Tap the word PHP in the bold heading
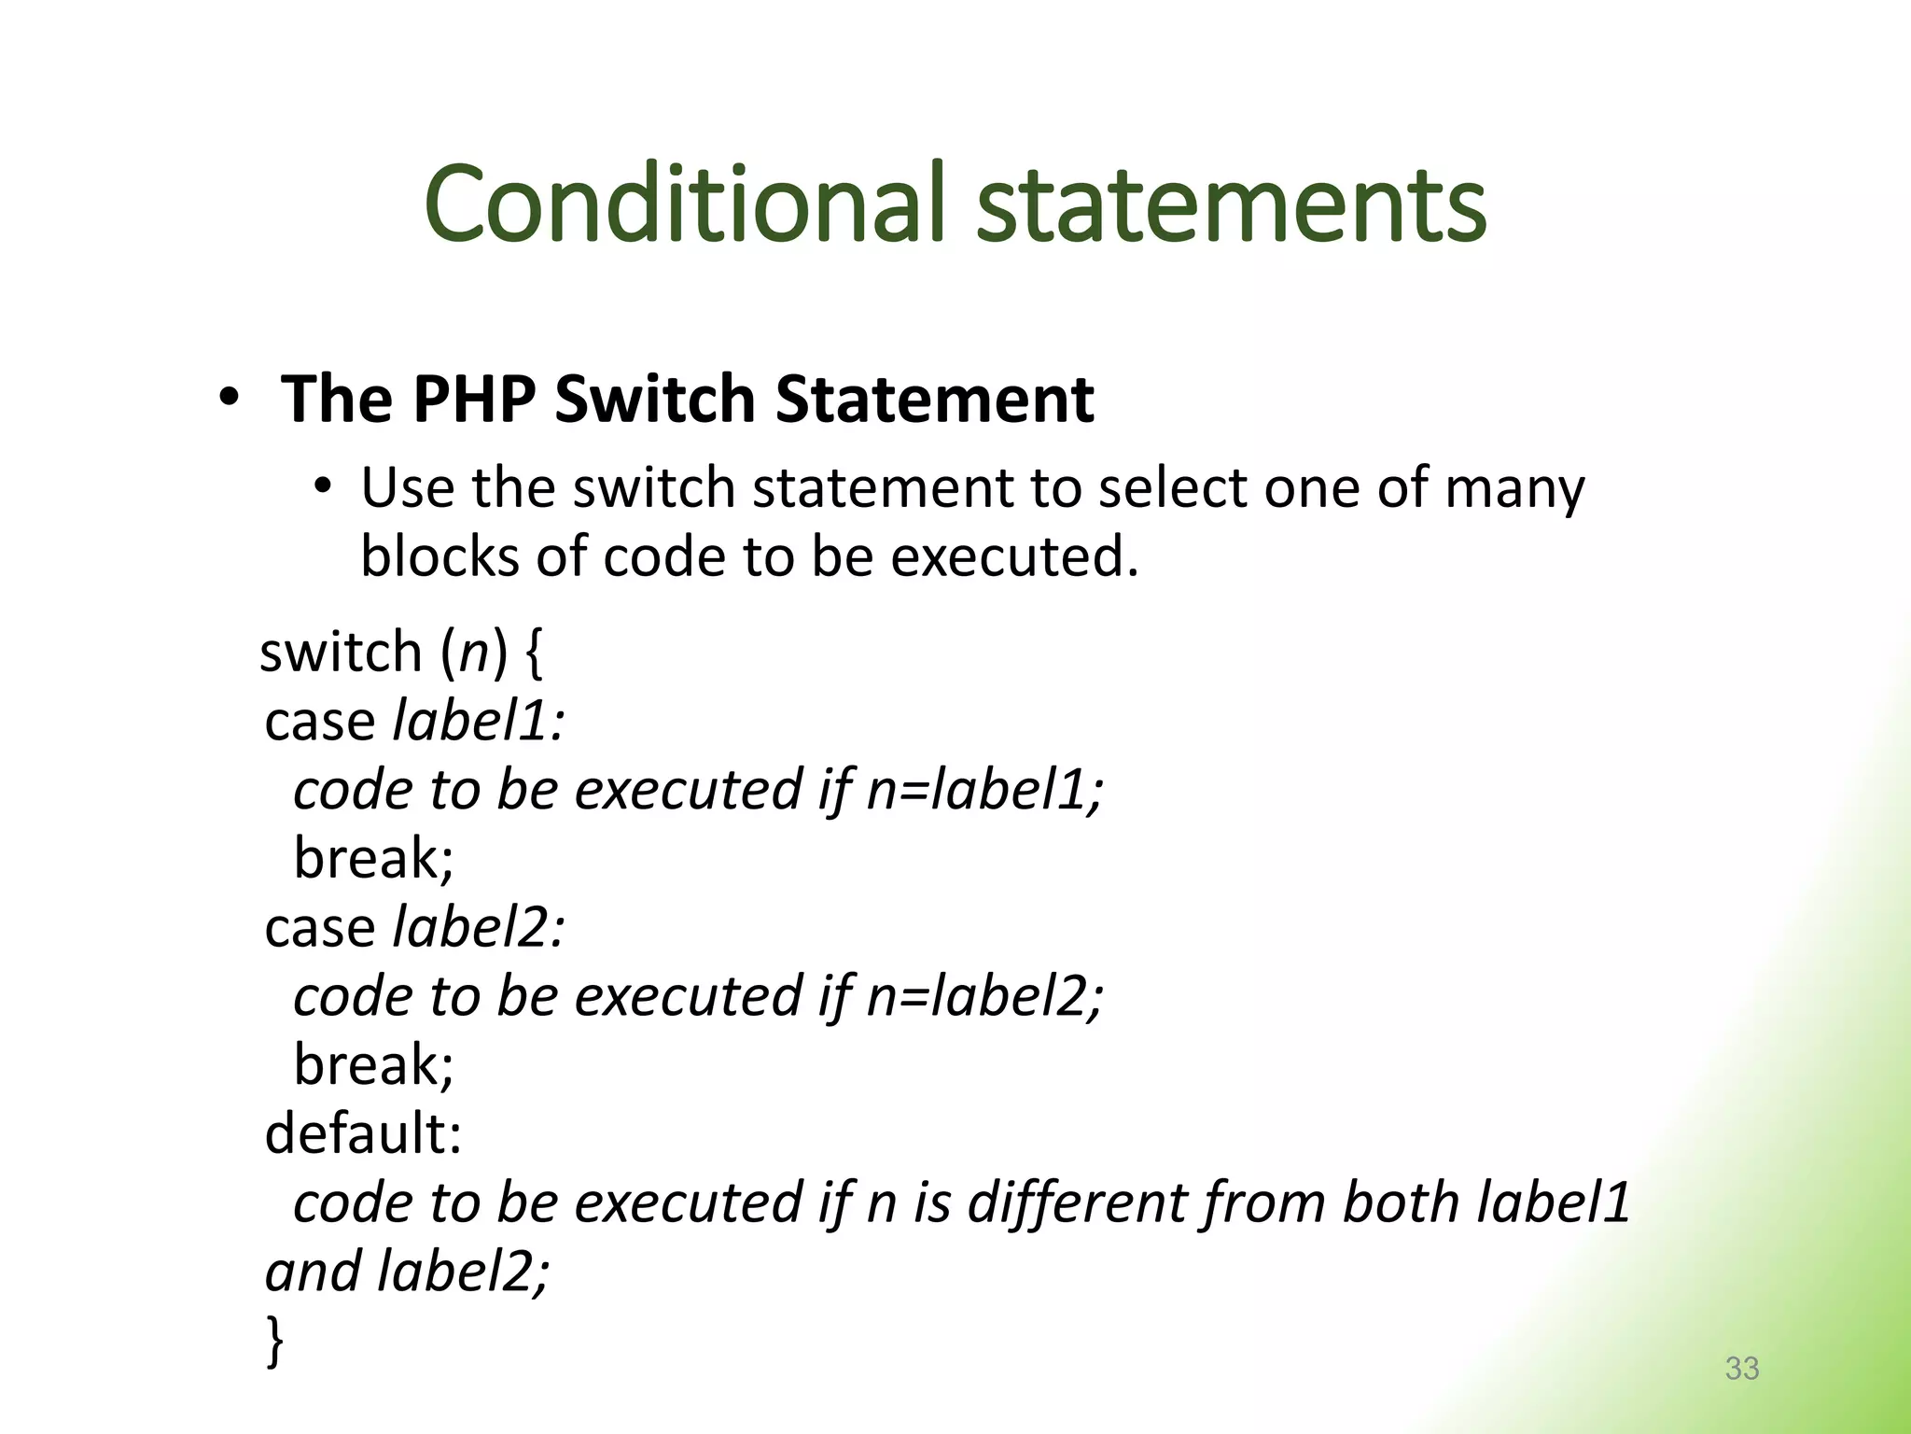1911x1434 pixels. [474, 400]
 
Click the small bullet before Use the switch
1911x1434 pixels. [323, 487]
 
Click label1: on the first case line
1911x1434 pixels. [479, 722]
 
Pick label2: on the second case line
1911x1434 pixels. [479, 928]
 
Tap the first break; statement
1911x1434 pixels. [373, 858]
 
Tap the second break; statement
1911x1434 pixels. [373, 1064]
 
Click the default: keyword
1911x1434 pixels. [363, 1133]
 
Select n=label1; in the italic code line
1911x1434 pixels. [984, 790]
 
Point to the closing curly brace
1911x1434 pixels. [274, 1341]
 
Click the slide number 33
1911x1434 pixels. [1741, 1368]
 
